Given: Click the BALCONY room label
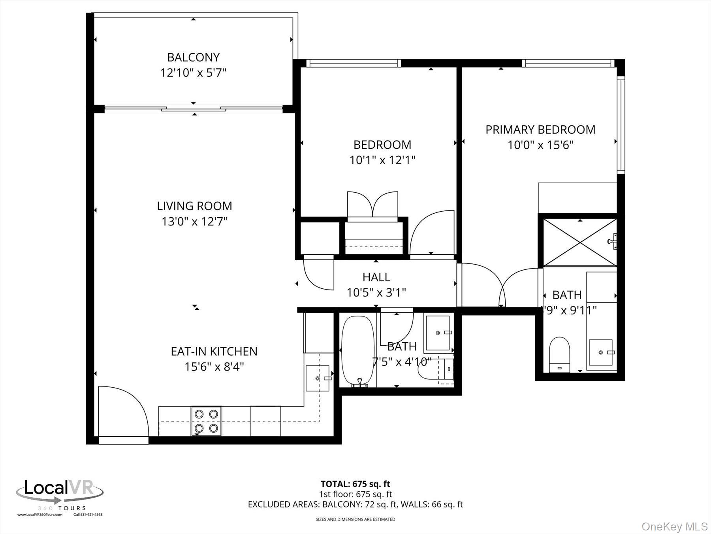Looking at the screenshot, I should pyautogui.click(x=193, y=57).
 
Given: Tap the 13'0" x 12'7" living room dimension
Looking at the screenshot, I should pyautogui.click(x=194, y=222).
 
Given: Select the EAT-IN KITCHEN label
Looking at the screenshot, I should pyautogui.click(x=214, y=351).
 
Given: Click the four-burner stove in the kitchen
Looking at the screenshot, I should pyautogui.click(x=206, y=421).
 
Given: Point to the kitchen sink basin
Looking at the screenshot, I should pyautogui.click(x=318, y=378).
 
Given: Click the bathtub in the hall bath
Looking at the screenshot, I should pyautogui.click(x=357, y=351).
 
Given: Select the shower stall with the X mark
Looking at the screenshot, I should pyautogui.click(x=579, y=242).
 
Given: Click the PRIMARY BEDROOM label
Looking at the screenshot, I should pyautogui.click(x=540, y=130).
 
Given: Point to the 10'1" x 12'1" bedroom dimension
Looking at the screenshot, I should pyautogui.click(x=382, y=160).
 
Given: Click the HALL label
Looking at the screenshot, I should pyautogui.click(x=376, y=277).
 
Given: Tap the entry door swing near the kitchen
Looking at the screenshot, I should pyautogui.click(x=122, y=411).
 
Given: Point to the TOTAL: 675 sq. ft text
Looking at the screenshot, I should pyautogui.click(x=355, y=484).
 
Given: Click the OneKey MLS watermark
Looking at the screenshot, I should pyautogui.click(x=674, y=526).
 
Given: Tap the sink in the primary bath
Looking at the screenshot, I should pyautogui.click(x=600, y=352).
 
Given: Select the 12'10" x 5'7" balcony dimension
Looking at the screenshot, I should pyautogui.click(x=193, y=73).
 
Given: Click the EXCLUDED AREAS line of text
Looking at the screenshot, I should pyautogui.click(x=355, y=504).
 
